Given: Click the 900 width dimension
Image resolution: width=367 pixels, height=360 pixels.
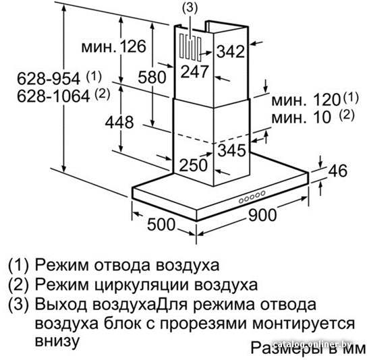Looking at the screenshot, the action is click(262, 215).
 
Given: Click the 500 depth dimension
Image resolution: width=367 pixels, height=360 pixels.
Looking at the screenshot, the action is click(161, 224).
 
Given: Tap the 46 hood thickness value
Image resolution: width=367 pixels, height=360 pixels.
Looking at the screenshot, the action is click(337, 171).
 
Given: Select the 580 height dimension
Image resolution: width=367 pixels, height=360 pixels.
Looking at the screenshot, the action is click(152, 77).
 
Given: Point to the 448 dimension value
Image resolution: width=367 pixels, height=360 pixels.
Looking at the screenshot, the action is click(119, 122).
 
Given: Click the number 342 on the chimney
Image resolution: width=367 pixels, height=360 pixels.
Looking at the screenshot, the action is click(231, 51).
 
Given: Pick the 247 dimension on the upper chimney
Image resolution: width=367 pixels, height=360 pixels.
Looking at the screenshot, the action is click(194, 71).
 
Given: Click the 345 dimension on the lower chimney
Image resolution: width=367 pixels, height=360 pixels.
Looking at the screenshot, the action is click(231, 150).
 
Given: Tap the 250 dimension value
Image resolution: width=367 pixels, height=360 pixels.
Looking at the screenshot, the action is click(194, 165).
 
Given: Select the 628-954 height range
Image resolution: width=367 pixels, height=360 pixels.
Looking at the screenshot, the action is click(49, 78).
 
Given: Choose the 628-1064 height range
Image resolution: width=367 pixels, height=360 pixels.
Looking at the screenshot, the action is click(53, 96).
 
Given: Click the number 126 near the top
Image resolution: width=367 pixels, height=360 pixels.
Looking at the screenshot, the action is click(133, 46).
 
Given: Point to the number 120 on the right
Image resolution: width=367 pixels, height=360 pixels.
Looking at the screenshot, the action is click(327, 100).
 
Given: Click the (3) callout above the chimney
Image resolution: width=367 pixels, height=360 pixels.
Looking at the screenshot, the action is click(190, 7).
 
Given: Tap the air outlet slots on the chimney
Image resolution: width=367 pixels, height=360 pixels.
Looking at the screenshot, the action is click(190, 48).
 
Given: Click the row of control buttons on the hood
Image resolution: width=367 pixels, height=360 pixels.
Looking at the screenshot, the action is click(252, 197).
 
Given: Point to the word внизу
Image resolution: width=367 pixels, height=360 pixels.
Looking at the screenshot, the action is click(57, 340).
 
